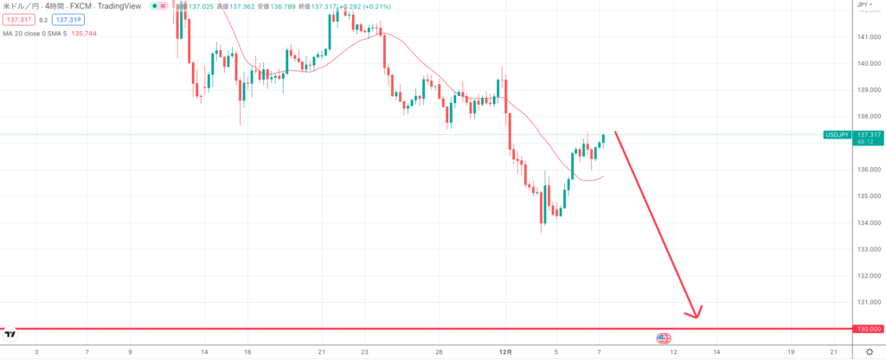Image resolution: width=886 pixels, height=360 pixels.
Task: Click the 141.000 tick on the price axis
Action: click(x=868, y=37)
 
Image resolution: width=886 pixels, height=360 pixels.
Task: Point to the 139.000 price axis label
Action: click(x=868, y=90)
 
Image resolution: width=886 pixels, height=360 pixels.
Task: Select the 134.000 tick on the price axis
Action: click(x=868, y=222)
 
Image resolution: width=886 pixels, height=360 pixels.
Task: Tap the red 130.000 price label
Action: click(x=869, y=329)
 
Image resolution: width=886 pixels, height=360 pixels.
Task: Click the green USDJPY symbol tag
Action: click(x=838, y=135)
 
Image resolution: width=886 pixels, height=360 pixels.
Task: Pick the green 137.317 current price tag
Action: click(x=867, y=135)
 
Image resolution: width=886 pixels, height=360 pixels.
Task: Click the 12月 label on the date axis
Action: click(x=506, y=352)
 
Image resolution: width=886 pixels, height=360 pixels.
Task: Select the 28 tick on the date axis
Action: click(x=439, y=352)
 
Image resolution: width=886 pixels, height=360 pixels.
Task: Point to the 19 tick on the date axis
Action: click(x=791, y=352)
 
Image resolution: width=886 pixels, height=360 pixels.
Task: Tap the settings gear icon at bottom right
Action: click(x=869, y=352)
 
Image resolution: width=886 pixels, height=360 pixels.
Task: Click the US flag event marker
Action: click(x=664, y=337)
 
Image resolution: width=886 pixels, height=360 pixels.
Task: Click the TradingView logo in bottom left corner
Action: click(x=10, y=333)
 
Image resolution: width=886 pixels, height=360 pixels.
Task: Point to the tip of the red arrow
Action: click(x=696, y=316)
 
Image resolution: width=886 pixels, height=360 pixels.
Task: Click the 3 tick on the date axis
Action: click(x=36, y=352)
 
